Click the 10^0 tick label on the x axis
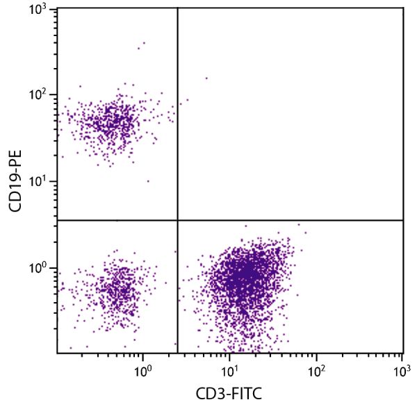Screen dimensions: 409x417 click(142, 372)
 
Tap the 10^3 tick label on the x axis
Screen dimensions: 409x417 click(402, 372)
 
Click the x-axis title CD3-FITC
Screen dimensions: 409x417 click(230, 394)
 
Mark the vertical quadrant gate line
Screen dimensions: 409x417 click(178, 111)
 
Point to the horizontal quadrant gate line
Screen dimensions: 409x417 click(292, 220)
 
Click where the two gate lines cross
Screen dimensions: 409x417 click(178, 220)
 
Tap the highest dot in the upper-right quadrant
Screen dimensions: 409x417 click(206, 78)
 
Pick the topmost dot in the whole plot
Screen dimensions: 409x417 click(144, 43)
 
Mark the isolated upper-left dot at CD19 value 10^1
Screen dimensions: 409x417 click(148, 181)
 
